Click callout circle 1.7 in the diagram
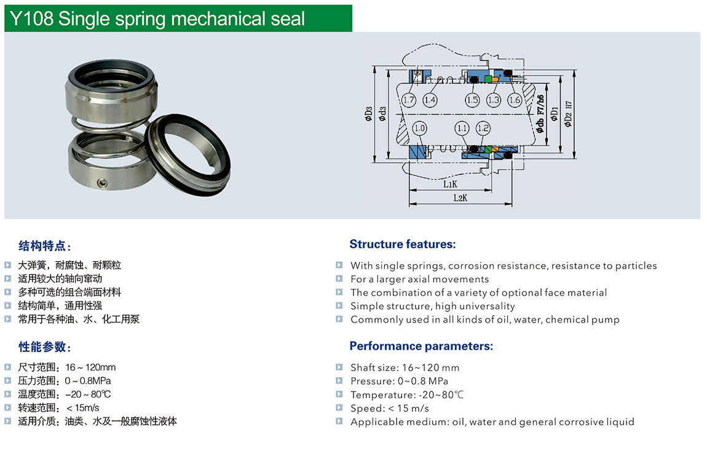pos(409,100)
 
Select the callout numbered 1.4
pos(430,100)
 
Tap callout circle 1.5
pos(472,100)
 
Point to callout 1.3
pos(493,100)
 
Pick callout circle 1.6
pos(515,100)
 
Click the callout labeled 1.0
pos(419,128)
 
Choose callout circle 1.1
pos(462,128)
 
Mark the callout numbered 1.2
pos(483,128)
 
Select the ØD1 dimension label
pos(555,114)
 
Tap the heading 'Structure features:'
pos(403,245)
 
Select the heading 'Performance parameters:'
pos(421,346)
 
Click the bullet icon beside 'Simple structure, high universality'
pos(339,305)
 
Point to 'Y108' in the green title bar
pos(31,19)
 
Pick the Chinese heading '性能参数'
pos(42,347)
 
